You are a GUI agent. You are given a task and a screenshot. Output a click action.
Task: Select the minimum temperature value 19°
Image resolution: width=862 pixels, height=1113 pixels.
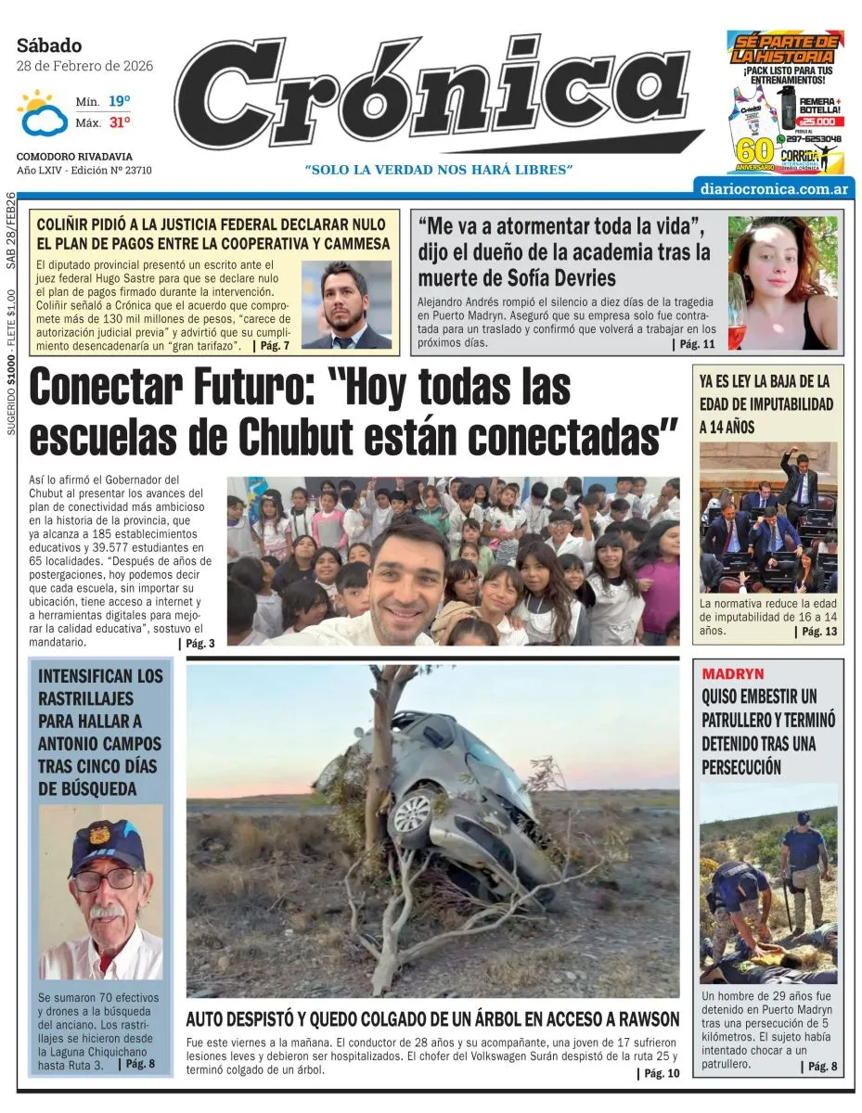[x=120, y=101]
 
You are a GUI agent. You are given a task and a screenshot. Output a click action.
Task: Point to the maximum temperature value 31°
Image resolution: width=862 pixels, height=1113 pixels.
[x=120, y=122]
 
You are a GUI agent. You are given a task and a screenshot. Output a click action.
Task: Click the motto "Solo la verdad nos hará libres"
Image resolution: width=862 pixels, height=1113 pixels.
[x=439, y=170]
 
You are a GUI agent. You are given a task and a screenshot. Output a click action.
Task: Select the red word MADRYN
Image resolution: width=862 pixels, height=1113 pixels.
[x=733, y=673]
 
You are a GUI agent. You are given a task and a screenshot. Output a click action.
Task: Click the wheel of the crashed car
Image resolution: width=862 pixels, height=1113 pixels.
[x=412, y=814]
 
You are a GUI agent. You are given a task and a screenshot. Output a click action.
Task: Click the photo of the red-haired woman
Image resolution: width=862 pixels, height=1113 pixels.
[x=781, y=283]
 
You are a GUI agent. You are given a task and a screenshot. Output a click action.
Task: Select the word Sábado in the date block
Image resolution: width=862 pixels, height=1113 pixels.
[x=49, y=45]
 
